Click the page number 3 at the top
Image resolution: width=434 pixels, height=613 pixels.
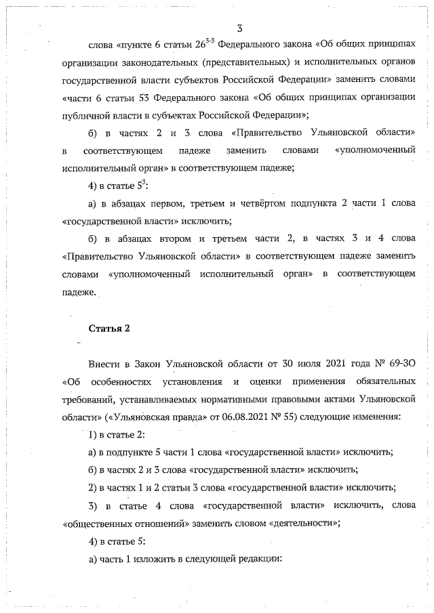240,28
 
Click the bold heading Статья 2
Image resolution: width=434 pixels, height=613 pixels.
109,329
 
